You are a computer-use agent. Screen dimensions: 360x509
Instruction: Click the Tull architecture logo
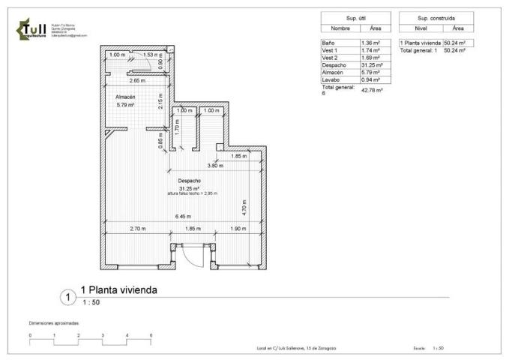tap(32, 29)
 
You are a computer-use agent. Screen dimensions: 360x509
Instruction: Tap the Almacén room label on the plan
tap(124, 97)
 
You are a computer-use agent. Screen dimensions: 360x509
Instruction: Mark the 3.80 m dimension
tap(216, 165)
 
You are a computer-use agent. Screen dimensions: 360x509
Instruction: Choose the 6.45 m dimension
tap(182, 217)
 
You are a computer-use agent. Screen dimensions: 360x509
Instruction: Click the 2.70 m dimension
tap(137, 228)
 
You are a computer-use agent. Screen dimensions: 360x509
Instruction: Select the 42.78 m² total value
tap(373, 91)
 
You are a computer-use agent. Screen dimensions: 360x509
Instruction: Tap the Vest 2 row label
tap(331, 57)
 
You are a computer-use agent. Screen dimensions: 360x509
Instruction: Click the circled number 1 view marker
tap(67, 298)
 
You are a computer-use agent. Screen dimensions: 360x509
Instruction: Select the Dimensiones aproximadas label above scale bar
tap(53, 323)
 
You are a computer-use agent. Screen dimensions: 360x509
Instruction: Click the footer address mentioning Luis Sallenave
tap(295, 348)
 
